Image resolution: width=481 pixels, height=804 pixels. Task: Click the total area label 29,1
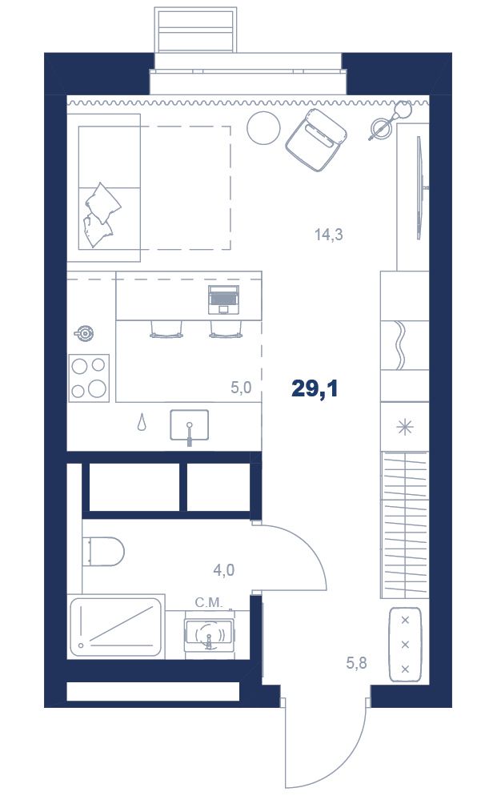pos(315,389)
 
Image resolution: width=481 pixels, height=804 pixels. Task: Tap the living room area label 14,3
pos(328,235)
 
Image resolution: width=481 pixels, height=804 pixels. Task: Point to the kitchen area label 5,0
pos(241,388)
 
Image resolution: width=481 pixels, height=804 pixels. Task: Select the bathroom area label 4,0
pos(224,569)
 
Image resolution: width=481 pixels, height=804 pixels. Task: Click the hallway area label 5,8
pos(356,663)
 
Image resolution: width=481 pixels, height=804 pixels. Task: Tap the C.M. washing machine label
pos(209,602)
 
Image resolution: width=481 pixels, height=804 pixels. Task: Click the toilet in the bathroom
pos(104,552)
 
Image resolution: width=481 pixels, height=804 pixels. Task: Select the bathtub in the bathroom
pos(116,626)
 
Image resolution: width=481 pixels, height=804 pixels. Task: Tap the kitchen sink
pos(190,425)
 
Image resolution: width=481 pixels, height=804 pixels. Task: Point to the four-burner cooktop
pos(89,378)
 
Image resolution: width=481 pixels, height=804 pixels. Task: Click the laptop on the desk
pos(223,299)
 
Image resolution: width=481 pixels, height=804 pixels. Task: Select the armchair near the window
pos(317,139)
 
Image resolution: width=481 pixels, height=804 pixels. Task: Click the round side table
pos(263,127)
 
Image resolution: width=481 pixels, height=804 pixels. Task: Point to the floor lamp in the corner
pos(390,120)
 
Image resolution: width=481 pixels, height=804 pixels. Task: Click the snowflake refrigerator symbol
pos(405,427)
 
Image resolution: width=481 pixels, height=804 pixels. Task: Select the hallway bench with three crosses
pos(405,645)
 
